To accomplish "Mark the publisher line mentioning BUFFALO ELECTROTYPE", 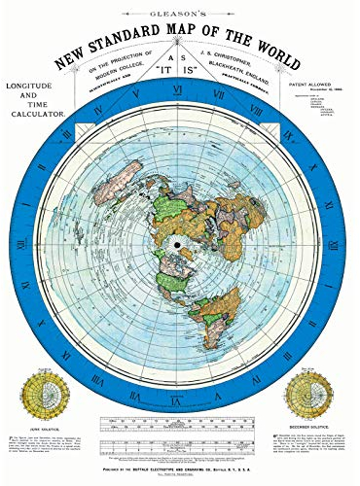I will point(180,466).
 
